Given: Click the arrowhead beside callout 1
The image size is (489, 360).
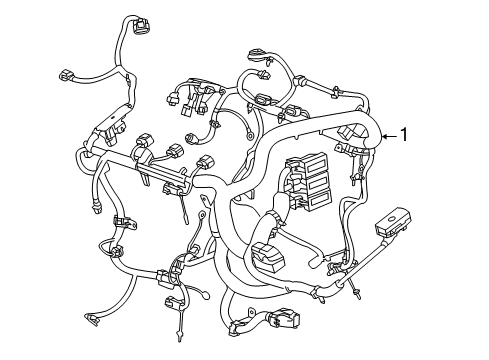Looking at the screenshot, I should click(382, 135).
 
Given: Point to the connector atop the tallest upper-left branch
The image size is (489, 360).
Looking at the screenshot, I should click(136, 26).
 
